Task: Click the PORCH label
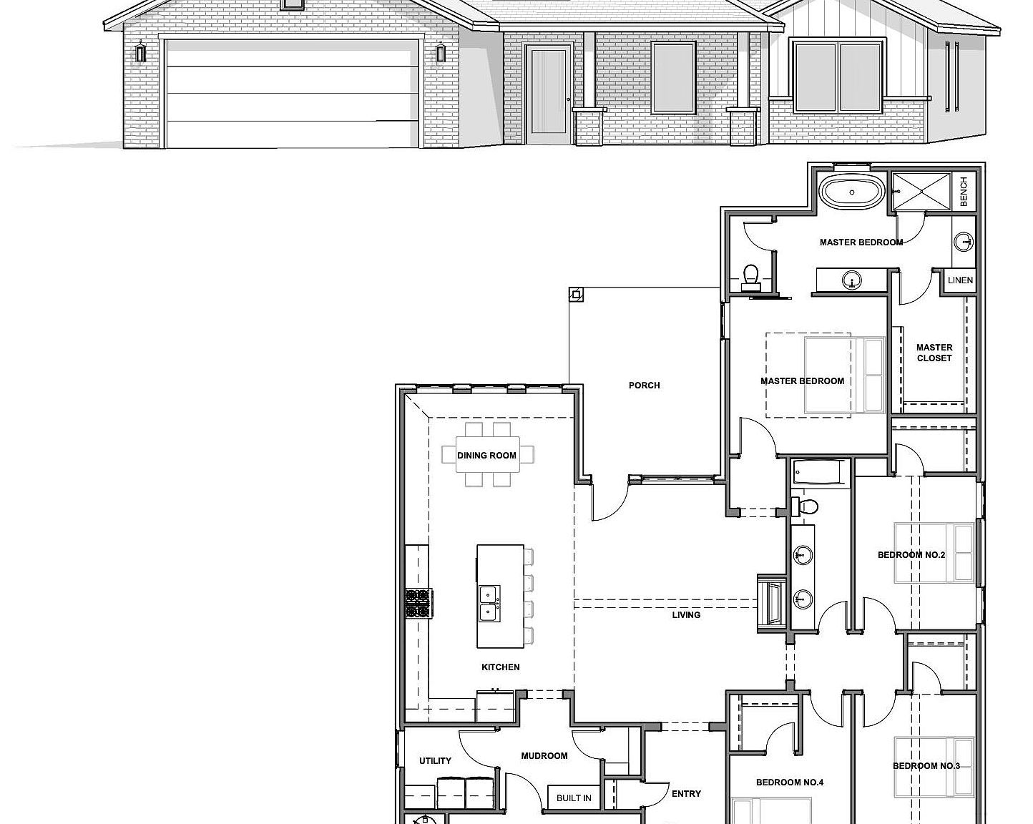tap(644, 386)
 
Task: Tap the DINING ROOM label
tap(486, 456)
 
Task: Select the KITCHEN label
tap(500, 667)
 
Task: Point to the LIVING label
tap(686, 615)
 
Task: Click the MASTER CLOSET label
tap(934, 353)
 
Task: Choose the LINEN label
tap(960, 280)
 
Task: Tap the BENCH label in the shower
tap(964, 192)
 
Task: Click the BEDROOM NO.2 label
tap(911, 555)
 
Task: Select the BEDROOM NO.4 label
tap(790, 783)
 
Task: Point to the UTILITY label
tap(435, 761)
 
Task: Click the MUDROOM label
tap(544, 756)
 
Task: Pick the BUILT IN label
tap(574, 798)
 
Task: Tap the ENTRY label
tap(686, 794)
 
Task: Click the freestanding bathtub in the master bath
tap(851, 192)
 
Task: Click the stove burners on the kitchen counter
tap(416, 603)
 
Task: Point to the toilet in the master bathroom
tap(750, 275)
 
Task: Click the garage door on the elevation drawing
tap(292, 93)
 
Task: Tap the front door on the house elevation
tap(548, 92)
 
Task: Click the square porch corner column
tap(576, 293)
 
